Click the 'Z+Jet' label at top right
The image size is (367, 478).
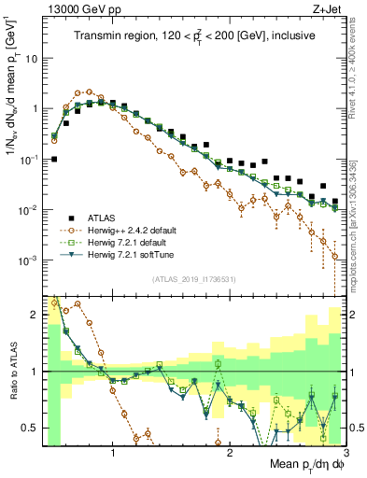pyautogui.click(x=323, y=9)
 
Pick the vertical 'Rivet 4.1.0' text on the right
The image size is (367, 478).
pyautogui.click(x=357, y=84)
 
